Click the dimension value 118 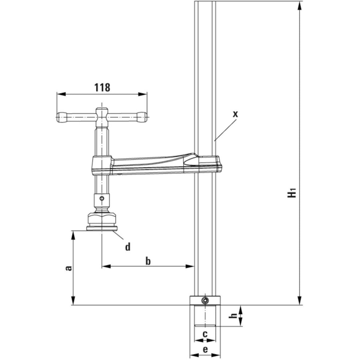102,87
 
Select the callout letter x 236,114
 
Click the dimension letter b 148,261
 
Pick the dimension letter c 205,334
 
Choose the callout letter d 128,247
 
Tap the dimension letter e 205,349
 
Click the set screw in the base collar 204,301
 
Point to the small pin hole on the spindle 102,199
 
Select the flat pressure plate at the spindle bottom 102,229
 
